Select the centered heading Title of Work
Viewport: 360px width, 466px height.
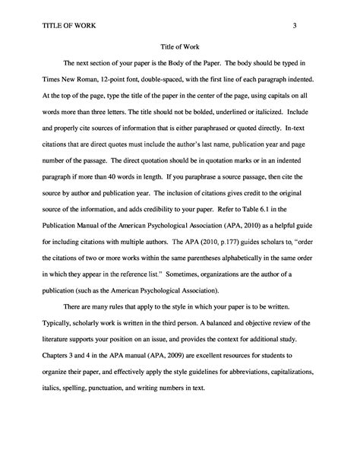tap(181, 45)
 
